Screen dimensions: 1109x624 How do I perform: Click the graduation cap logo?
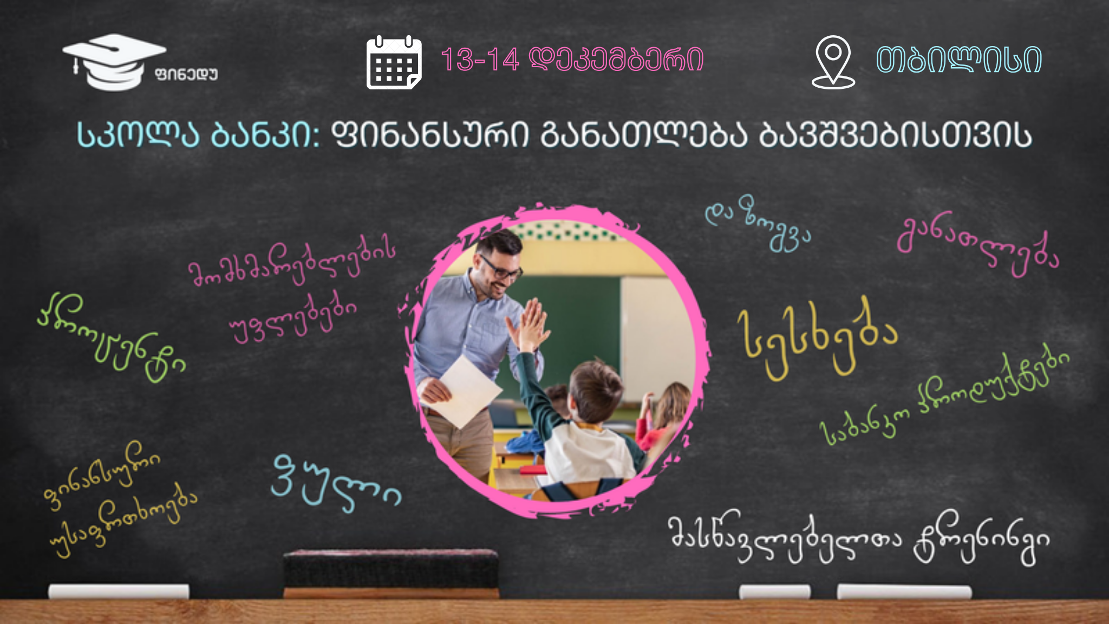pyautogui.click(x=114, y=62)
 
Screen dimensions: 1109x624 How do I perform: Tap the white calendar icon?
pyautogui.click(x=394, y=62)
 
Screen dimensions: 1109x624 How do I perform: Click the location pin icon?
pyautogui.click(x=833, y=62)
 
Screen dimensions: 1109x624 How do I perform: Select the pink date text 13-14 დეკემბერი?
pyautogui.click(x=572, y=59)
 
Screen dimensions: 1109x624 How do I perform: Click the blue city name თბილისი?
pyautogui.click(x=959, y=59)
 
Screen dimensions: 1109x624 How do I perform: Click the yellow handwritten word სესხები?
pyautogui.click(x=818, y=339)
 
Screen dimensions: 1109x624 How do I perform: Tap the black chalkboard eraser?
pyautogui.click(x=391, y=573)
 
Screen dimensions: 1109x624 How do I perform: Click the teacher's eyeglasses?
pyautogui.click(x=499, y=269)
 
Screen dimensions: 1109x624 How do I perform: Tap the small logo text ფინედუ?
pyautogui.click(x=186, y=74)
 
